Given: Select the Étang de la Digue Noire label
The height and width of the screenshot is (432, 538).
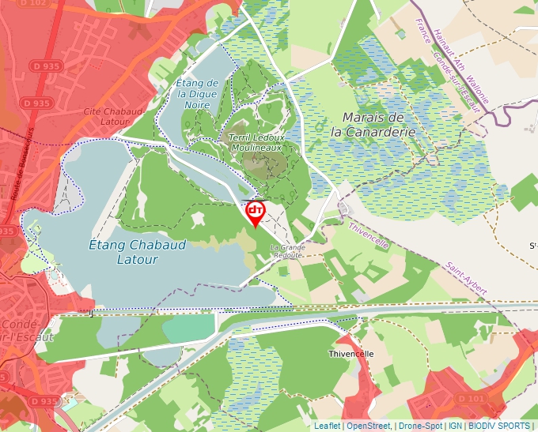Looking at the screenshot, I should (197, 93).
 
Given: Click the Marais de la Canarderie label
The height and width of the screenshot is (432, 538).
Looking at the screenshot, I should (373, 125).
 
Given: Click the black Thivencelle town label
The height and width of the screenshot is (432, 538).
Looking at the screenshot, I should (350, 355).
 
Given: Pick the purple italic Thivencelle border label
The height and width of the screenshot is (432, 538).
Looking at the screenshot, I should (369, 235).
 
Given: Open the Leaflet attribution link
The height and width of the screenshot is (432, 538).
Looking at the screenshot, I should (327, 426).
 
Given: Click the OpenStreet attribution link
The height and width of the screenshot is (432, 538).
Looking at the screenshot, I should (369, 426).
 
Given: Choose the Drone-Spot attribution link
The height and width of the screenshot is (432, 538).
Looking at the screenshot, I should (419, 426).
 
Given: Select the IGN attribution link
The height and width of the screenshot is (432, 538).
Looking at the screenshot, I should (455, 426).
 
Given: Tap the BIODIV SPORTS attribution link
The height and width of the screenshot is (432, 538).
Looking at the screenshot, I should (499, 426).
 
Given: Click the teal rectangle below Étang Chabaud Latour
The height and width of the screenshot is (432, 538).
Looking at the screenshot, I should (188, 328).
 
